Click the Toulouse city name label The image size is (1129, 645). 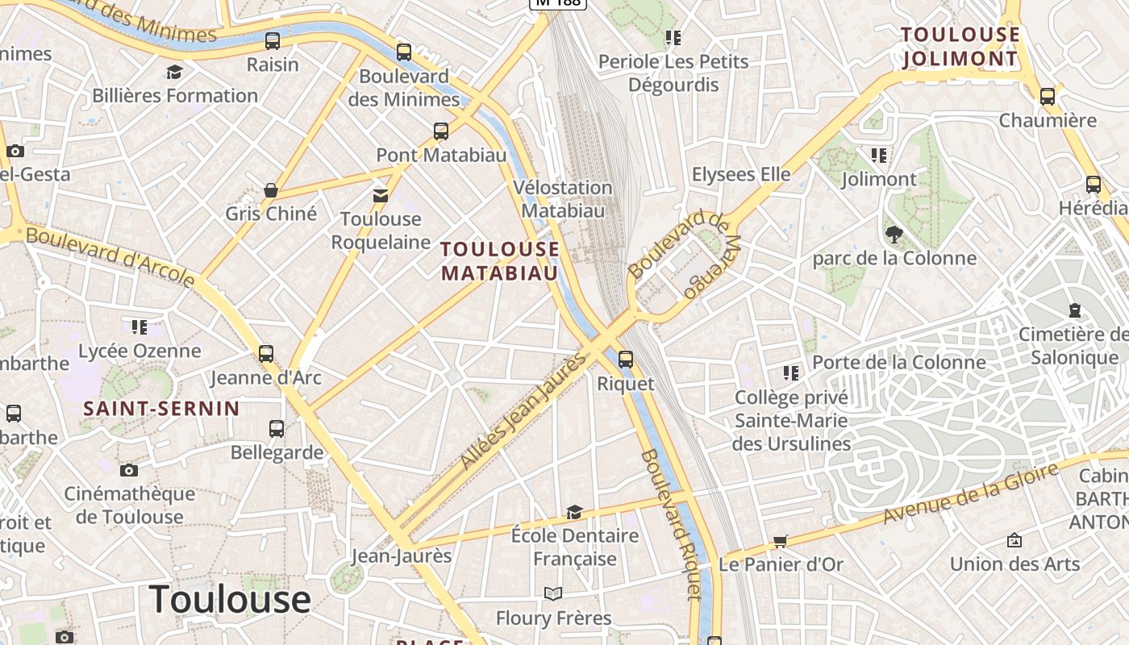pos(230,598)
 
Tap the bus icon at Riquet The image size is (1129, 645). pos(626,360)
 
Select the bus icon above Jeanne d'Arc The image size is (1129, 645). pos(266,353)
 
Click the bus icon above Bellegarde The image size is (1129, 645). pos(277,429)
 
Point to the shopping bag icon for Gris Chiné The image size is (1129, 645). pos(271,190)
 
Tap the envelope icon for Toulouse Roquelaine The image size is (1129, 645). pos(380,195)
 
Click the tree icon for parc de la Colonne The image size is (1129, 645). pos(894,235)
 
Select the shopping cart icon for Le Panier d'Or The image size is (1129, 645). pos(780,541)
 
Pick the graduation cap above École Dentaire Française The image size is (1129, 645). pos(574,512)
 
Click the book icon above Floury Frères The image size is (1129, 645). pos(552,594)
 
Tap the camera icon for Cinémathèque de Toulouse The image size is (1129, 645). pos(129,470)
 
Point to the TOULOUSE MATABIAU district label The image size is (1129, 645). pos(500,261)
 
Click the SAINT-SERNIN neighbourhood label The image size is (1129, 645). pos(162,409)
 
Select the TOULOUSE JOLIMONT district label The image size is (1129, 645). pos(960,47)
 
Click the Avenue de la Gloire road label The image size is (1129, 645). pos(970,493)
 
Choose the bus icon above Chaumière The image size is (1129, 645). pos(1048,97)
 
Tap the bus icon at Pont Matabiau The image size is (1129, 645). pos(441,131)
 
